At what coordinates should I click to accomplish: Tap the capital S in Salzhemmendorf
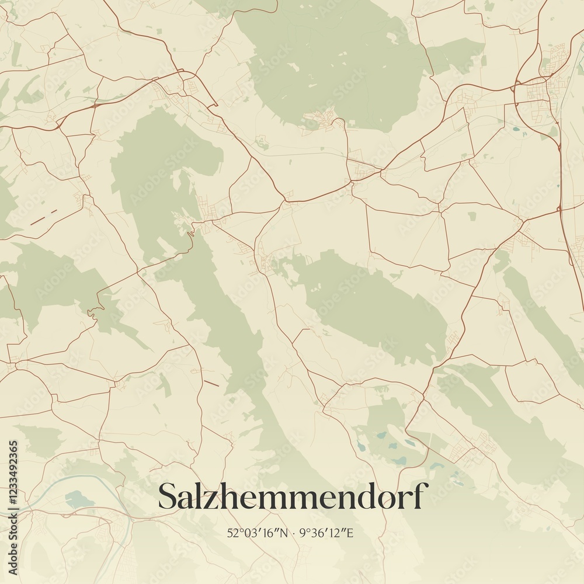pyautogui.click(x=170, y=497)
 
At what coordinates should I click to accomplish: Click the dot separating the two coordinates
pyautogui.click(x=294, y=533)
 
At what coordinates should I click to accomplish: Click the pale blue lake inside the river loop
pyautogui.click(x=79, y=499)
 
